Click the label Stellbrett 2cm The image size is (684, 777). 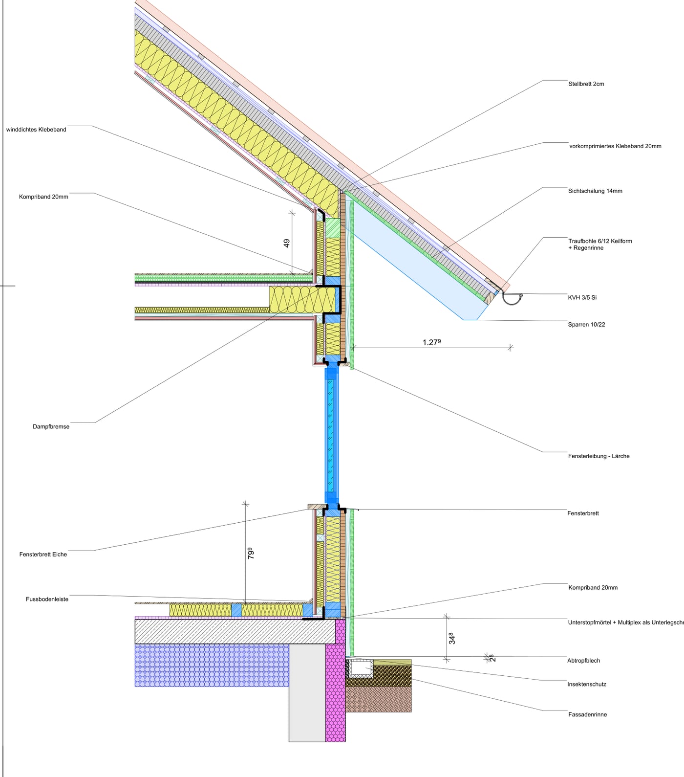pyautogui.click(x=586, y=84)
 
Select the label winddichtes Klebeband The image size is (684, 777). pyautogui.click(x=36, y=130)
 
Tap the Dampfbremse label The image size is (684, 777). pyautogui.click(x=51, y=426)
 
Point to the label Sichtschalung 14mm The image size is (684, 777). pyautogui.click(x=595, y=191)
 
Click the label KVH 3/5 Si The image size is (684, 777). pyautogui.click(x=582, y=297)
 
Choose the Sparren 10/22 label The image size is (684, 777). pyautogui.click(x=586, y=325)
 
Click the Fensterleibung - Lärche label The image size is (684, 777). pyautogui.click(x=598, y=456)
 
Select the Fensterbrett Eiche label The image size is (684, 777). pyautogui.click(x=43, y=555)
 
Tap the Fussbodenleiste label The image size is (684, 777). pyautogui.click(x=47, y=599)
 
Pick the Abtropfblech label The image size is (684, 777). pyautogui.click(x=583, y=661)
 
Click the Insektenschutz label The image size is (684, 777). pyautogui.click(x=586, y=685)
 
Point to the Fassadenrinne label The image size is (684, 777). pyautogui.click(x=587, y=715)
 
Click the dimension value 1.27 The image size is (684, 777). pyautogui.click(x=432, y=342)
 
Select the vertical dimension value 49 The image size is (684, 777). pyautogui.click(x=287, y=243)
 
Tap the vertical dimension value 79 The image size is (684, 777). pyautogui.click(x=251, y=554)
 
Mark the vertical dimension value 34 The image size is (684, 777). pyautogui.click(x=451, y=638)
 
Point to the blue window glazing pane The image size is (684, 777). pyautogui.click(x=331, y=435)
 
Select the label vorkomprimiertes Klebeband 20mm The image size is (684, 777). pyautogui.click(x=615, y=146)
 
